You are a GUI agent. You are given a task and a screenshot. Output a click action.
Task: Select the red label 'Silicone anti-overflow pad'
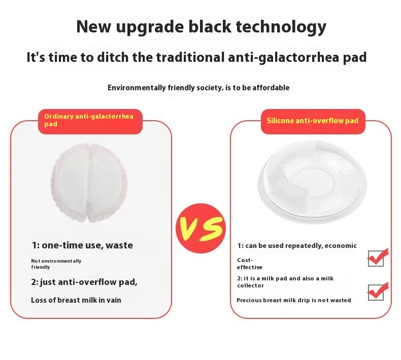[x=313, y=121]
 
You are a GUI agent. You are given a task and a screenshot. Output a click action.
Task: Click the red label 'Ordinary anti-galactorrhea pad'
[x=89, y=120]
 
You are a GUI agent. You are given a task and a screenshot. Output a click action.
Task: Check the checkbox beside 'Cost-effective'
[x=376, y=259]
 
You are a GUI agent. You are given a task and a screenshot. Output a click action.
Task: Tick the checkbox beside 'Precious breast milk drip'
[x=376, y=293]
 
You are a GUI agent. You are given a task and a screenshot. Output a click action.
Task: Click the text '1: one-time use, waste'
[x=82, y=245]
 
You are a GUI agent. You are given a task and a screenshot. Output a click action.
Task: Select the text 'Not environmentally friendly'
[x=56, y=264]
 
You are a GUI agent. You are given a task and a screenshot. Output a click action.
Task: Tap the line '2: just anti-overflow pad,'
[x=84, y=282]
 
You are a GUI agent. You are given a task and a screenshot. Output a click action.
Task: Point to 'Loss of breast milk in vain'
[x=76, y=300]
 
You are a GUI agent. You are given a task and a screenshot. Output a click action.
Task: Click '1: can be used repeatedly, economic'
[x=297, y=246]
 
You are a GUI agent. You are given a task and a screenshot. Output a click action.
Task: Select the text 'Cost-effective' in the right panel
[x=250, y=264]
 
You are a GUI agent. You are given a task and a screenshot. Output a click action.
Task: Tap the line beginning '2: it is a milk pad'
[x=285, y=282]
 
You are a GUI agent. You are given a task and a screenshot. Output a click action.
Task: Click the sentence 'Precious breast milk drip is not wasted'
[x=294, y=300]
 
